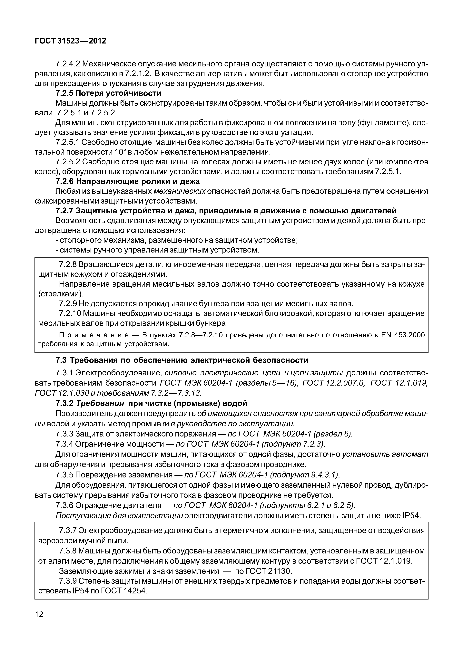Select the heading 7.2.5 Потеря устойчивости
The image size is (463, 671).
click(x=108, y=93)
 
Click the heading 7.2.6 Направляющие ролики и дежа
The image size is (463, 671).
click(x=127, y=182)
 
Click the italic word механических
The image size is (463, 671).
click(x=179, y=191)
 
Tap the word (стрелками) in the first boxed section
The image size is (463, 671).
click(x=61, y=294)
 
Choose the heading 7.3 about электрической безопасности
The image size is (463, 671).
click(x=182, y=360)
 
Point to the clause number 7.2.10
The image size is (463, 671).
click(x=70, y=313)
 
